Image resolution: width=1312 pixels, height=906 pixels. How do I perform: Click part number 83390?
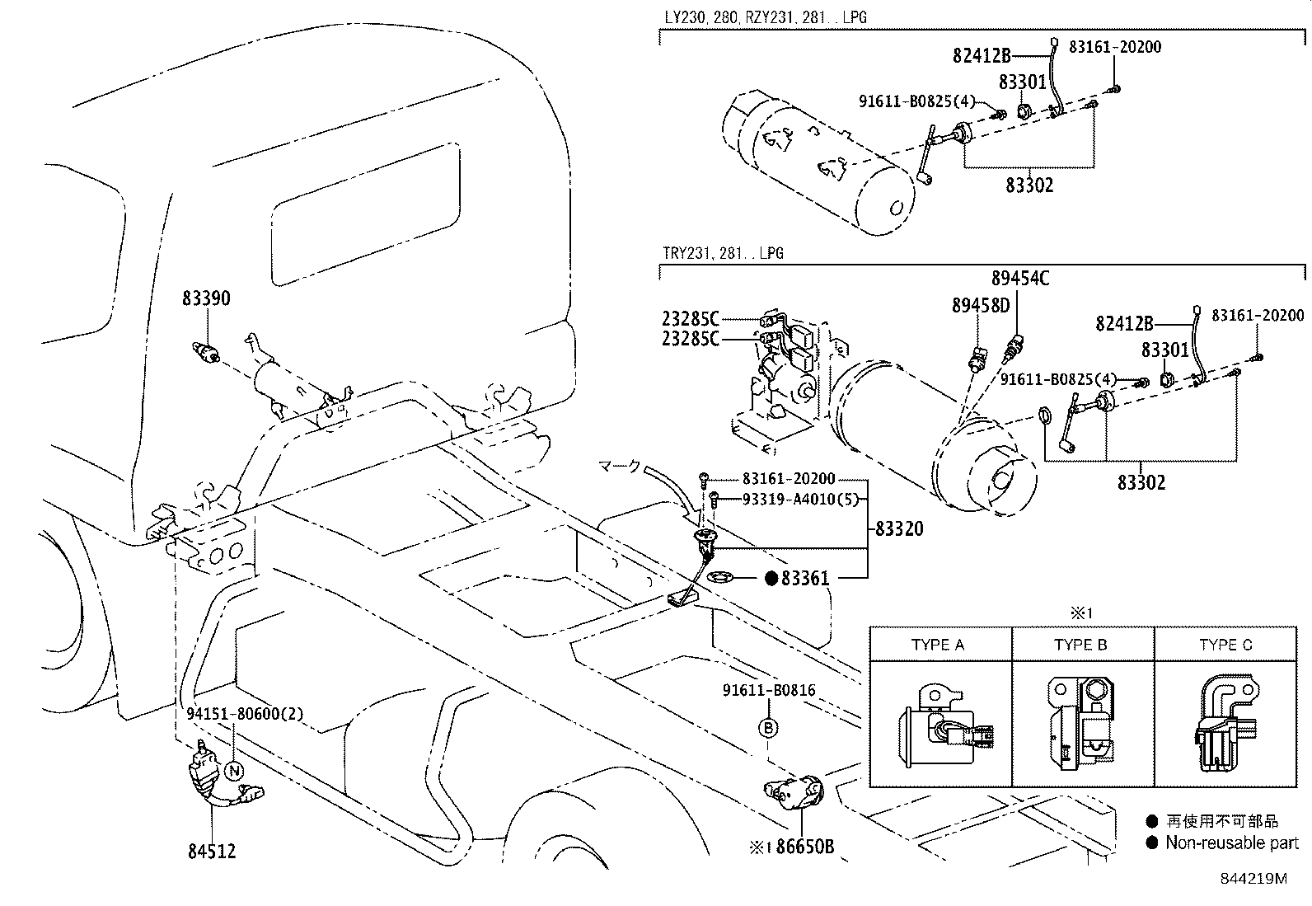click(206, 298)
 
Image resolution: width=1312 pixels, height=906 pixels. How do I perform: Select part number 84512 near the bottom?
click(212, 851)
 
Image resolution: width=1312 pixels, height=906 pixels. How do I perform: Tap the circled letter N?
click(234, 772)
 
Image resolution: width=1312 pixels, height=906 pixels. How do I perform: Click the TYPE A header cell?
click(938, 645)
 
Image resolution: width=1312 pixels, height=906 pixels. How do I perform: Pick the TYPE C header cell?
click(1225, 645)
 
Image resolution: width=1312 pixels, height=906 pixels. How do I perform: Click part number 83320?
click(899, 528)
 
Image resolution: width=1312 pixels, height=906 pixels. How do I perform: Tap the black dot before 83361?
click(771, 579)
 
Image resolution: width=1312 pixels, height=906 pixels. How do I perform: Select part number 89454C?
click(1020, 278)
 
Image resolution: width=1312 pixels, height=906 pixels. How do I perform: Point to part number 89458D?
click(981, 305)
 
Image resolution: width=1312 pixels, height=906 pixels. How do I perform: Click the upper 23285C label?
click(690, 318)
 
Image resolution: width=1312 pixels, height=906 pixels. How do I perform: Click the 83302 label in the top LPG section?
click(1029, 185)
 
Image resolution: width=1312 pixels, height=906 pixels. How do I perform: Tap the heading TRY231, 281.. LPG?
click(723, 253)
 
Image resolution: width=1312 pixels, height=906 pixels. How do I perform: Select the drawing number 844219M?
click(1253, 878)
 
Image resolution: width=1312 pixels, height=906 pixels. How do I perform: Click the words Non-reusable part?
click(1232, 843)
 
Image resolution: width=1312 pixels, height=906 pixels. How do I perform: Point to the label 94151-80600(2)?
click(244, 716)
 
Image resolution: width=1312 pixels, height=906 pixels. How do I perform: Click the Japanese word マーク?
click(618, 467)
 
